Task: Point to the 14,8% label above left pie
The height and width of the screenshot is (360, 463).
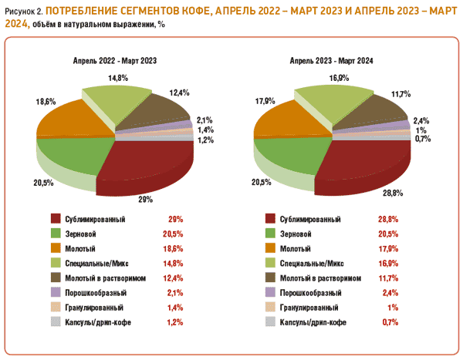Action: pos(118,78)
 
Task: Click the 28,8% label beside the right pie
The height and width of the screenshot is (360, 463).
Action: pos(393,193)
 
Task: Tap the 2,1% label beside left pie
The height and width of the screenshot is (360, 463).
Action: pos(205,120)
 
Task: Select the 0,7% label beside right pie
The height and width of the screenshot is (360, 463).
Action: pos(423,139)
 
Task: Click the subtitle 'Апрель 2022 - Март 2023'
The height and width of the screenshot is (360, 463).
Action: pos(115,61)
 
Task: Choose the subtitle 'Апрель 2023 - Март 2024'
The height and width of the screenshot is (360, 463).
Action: pos(331,61)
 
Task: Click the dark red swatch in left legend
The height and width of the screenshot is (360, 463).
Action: pos(56,219)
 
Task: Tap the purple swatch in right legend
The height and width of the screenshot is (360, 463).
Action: pos(270,292)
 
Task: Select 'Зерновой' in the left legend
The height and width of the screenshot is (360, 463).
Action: pos(80,234)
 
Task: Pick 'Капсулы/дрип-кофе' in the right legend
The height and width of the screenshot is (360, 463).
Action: pos(313,322)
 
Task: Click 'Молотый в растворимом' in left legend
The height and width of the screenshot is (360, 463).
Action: pos(106,278)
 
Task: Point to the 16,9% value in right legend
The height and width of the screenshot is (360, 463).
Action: pos(388,263)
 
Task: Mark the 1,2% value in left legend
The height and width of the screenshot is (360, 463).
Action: pos(175,322)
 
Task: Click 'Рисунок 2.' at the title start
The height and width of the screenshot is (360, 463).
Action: pos(24,12)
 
